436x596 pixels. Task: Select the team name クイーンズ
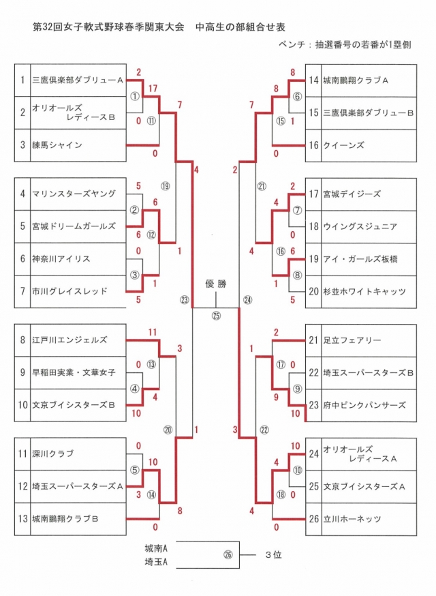pos(343,145)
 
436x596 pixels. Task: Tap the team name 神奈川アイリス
pos(61,259)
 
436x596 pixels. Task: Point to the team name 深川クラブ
pos(53,453)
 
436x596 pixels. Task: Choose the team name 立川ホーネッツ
pos(352,519)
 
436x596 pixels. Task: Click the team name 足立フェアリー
pos(352,340)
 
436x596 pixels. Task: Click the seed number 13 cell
pos(22,519)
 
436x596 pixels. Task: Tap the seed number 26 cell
pos(313,519)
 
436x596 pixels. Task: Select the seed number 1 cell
pos(22,80)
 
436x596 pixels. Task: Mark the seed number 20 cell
pos(313,291)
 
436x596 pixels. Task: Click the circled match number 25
pos(216,315)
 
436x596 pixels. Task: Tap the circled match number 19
pos(165,185)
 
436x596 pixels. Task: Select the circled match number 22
pos(265,429)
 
